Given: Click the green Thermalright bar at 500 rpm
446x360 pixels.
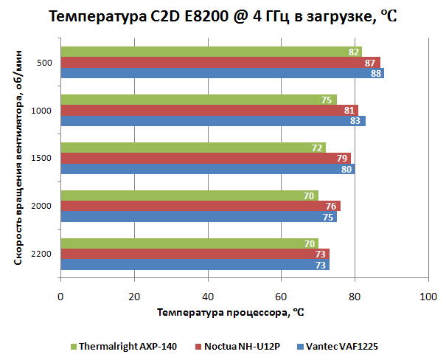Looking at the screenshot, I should point(206,52).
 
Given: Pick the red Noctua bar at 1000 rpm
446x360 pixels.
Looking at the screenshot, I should point(206,110).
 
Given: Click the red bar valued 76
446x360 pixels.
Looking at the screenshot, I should point(199,206).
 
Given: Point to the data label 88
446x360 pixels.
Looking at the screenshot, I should point(376,73).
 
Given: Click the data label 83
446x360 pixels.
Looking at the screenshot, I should point(358,121).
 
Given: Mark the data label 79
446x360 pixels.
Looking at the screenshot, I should point(343,158).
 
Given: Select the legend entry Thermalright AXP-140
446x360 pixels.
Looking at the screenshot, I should point(128,346).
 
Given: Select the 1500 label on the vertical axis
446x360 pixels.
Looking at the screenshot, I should point(42,158).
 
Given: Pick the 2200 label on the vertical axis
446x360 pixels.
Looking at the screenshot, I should point(42,254).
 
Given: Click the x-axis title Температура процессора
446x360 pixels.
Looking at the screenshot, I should point(231,312).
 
